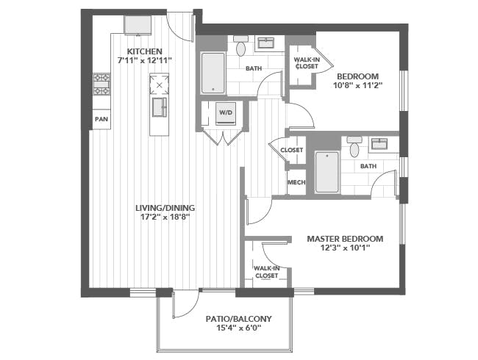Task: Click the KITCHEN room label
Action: coord(144,51)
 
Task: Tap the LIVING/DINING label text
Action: coord(165,208)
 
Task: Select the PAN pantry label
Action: coord(101,119)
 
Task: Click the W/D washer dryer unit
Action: coord(226,113)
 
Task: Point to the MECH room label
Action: coord(296,182)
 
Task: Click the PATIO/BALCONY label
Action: coord(238,319)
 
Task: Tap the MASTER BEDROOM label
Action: coord(345,239)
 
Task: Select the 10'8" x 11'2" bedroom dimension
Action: coord(357,85)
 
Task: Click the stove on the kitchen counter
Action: coord(101,84)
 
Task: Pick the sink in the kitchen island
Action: coord(160,107)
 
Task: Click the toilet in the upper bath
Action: coord(240,46)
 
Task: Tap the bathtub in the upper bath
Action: coord(213,73)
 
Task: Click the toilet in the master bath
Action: coord(354,147)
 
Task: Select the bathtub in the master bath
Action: coord(327,172)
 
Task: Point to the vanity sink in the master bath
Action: coord(379,143)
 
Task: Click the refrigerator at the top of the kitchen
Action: coord(138,25)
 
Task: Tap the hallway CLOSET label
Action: coord(292,150)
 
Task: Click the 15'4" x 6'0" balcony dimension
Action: coord(239,328)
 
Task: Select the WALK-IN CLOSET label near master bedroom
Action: coord(267,272)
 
